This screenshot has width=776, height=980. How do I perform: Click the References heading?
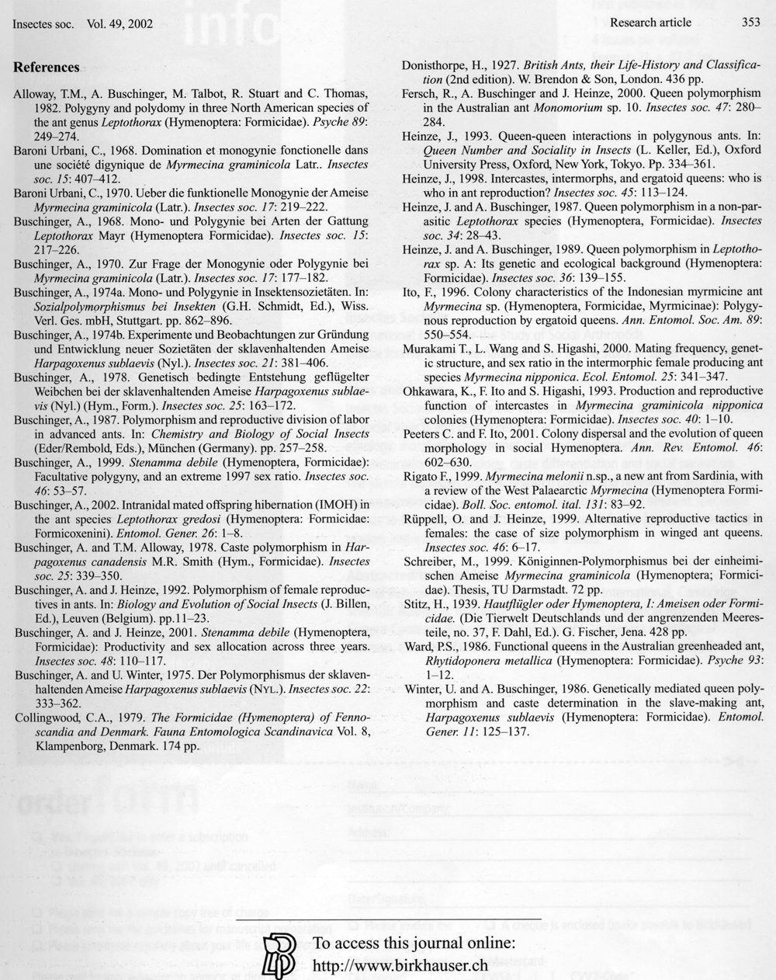[x=47, y=68]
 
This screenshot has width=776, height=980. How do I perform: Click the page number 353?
[x=750, y=23]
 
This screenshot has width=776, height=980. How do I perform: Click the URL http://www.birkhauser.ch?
[x=400, y=965]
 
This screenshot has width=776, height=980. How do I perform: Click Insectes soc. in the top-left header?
[x=43, y=23]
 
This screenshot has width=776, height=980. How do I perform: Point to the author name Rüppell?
[x=424, y=519]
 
